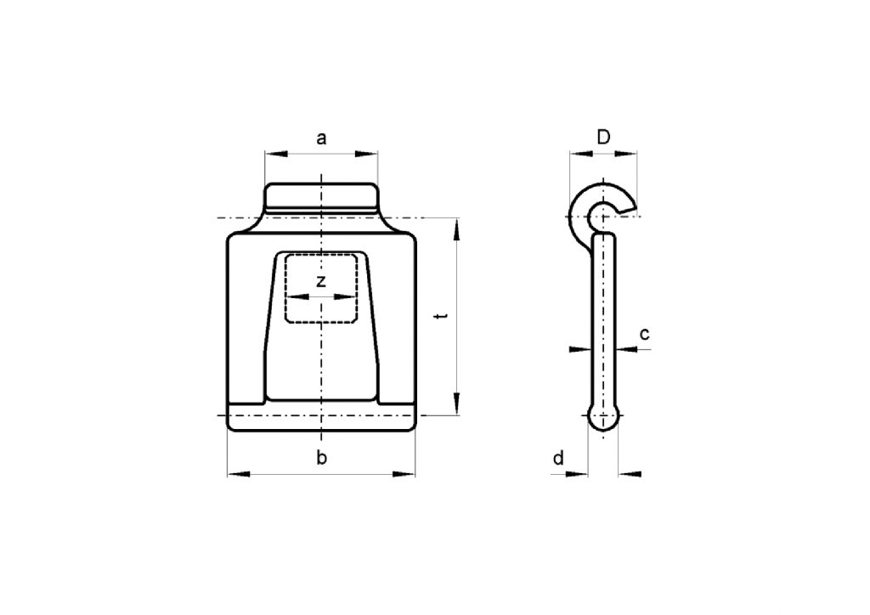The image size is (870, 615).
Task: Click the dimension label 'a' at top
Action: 321,138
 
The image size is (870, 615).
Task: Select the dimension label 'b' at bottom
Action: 321,459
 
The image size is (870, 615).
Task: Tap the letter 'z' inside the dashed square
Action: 320,282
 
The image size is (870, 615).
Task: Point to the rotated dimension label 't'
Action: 439,316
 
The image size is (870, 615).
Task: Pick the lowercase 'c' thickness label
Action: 645,334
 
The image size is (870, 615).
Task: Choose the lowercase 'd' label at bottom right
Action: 558,459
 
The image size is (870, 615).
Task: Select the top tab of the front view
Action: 321,196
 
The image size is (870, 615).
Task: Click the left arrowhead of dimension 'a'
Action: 274,155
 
